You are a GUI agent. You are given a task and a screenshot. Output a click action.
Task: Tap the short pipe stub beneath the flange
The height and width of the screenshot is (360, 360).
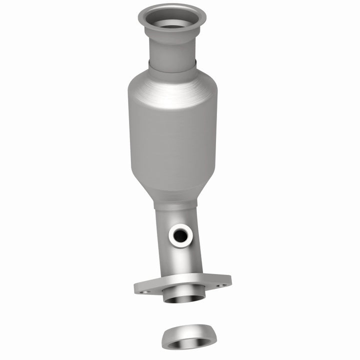point(185,295)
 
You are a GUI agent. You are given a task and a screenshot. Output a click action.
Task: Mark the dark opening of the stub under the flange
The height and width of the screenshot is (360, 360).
point(185,299)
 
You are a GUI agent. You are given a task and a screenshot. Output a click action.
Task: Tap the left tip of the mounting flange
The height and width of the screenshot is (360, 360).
point(136,289)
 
